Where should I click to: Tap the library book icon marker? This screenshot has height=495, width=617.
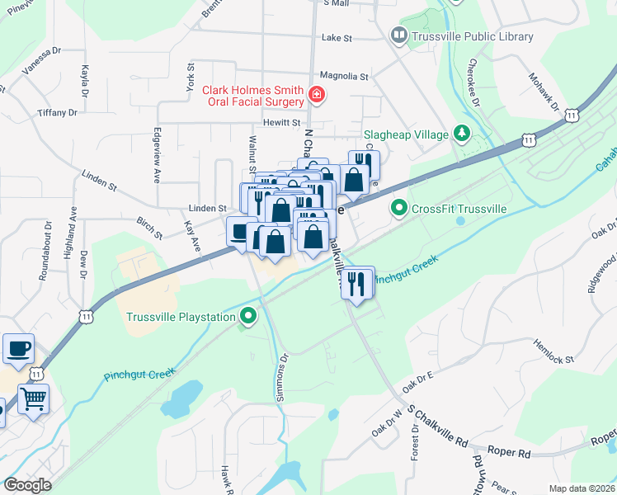pos(399,35)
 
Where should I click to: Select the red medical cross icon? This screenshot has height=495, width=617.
pos(314,97)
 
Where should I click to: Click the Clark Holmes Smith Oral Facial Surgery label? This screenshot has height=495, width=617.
pos(246,96)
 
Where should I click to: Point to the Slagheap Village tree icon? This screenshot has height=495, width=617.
pos(462,134)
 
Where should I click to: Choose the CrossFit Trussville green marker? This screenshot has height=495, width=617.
pos(399,208)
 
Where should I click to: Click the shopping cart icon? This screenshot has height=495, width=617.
pos(34,400)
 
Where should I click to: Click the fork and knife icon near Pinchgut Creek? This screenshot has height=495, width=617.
pos(357,283)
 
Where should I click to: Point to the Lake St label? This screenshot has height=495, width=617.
pos(337,38)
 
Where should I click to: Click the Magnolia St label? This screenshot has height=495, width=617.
pos(344,76)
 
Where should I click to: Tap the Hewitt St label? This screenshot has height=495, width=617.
pos(280,122)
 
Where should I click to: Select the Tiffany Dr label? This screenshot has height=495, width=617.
pos(57,112)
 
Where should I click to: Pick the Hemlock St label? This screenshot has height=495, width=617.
pos(553,351)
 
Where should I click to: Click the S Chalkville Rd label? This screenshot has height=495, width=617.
pos(436,425)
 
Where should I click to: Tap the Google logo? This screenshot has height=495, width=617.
pos(27,485)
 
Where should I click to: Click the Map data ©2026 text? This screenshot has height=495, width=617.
pos(581,488)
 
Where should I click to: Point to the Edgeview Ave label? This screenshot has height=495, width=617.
pos(157,155)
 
